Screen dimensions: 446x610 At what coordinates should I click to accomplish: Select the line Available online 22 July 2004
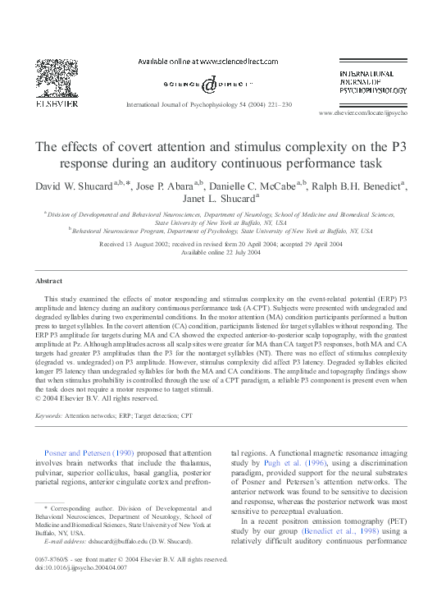tap(222, 253)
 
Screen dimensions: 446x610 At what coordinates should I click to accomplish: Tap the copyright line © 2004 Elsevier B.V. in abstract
tap(98, 398)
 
